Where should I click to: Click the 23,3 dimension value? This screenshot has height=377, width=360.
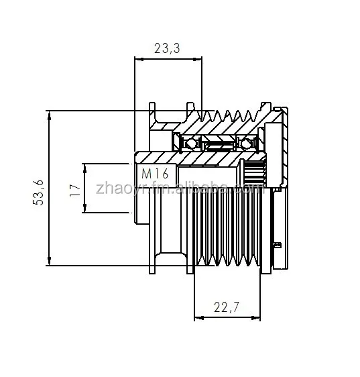pyautogui.click(x=168, y=48)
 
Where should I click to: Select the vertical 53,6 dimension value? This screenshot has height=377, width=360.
pyautogui.click(x=38, y=190)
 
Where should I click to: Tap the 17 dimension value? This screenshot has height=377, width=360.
pyautogui.click(x=74, y=189)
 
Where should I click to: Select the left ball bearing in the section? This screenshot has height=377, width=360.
pyautogui.click(x=189, y=143)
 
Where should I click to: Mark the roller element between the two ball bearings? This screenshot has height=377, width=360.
pyautogui.click(x=219, y=143)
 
